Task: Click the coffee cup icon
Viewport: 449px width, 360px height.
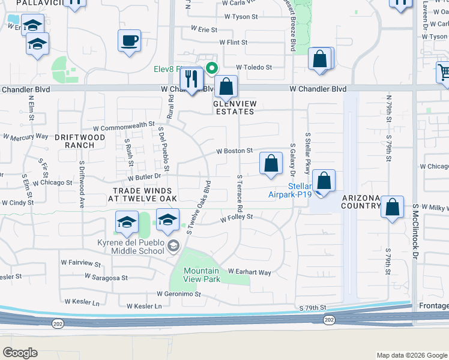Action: click(x=130, y=42)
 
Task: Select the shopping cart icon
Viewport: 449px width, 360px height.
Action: click(x=444, y=73)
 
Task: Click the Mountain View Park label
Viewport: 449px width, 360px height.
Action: click(x=201, y=275)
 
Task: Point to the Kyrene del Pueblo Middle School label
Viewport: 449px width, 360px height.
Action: click(x=130, y=247)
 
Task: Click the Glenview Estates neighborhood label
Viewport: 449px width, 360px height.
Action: click(x=235, y=107)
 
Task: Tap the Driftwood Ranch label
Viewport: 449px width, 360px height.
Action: click(x=83, y=141)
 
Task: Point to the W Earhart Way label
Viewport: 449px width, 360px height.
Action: click(x=249, y=272)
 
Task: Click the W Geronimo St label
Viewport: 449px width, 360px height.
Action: click(x=178, y=294)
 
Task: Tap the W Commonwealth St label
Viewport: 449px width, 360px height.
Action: click(x=124, y=127)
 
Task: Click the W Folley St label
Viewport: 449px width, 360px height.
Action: click(x=237, y=218)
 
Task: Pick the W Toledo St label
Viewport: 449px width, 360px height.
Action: click(x=254, y=67)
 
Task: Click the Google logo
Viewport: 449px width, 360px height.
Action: click(x=20, y=353)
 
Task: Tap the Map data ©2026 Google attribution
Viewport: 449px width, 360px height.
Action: click(x=411, y=355)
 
